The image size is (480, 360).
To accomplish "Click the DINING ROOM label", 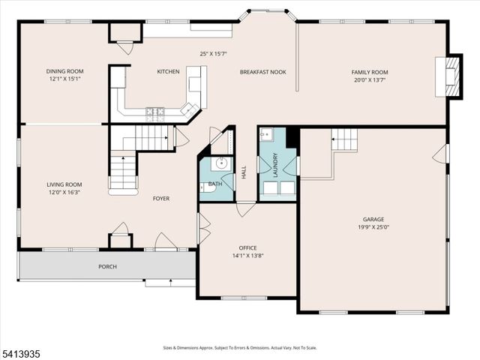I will (64, 71).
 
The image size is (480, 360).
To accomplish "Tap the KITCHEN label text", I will (168, 72).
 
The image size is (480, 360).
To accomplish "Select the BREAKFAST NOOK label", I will (260, 72).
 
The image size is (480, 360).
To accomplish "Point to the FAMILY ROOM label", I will (370, 72).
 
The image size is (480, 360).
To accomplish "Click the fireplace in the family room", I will (451, 76).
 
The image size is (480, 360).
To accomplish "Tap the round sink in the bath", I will (220, 163).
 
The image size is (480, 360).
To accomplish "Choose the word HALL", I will (244, 172).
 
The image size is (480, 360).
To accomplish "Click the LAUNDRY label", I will (276, 164).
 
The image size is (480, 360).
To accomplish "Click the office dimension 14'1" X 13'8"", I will (248, 255).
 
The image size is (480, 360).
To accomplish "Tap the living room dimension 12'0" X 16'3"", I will (64, 191).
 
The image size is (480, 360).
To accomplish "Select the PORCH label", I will (107, 266).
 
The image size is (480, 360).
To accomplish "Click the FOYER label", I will (161, 199).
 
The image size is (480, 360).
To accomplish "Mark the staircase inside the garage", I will (344, 139).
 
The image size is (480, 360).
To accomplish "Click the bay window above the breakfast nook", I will (267, 13).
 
